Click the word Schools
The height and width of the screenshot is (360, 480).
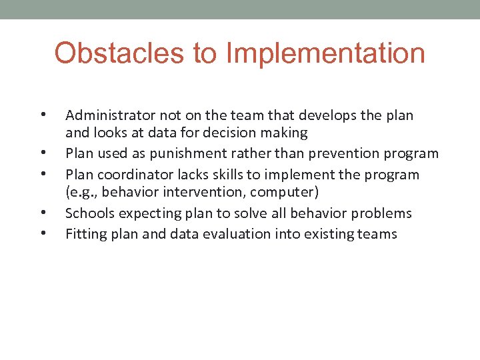tap(89, 213)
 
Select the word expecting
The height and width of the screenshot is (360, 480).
tap(145, 213)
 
